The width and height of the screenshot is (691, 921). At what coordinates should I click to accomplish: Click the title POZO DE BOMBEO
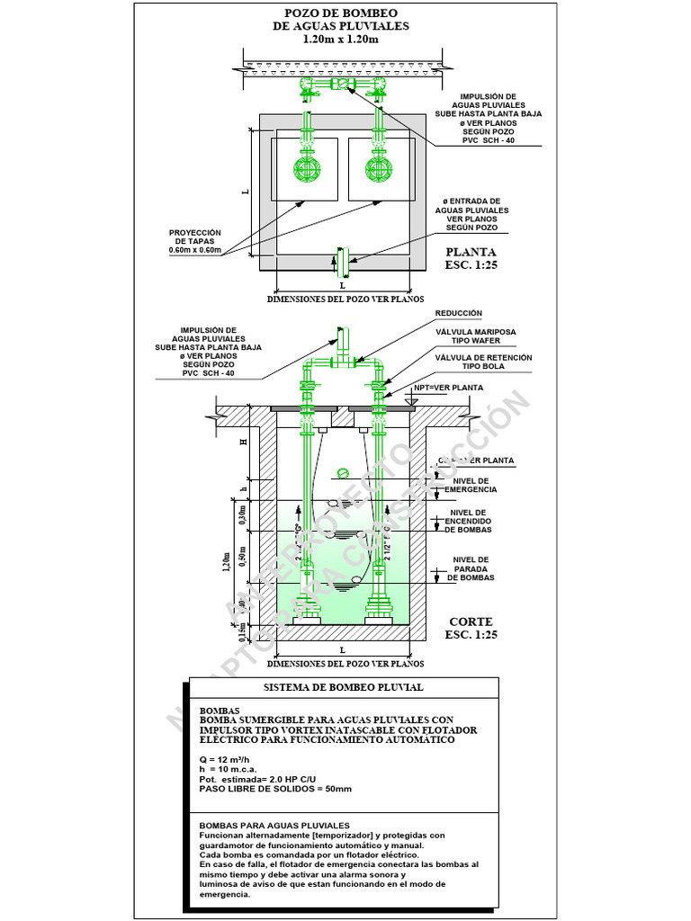point(340,13)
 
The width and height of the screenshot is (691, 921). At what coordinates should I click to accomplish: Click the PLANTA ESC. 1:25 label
point(471,259)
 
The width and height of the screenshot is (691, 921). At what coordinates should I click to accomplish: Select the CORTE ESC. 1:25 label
point(471,627)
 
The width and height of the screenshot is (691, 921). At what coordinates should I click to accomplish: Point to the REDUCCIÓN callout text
point(459,313)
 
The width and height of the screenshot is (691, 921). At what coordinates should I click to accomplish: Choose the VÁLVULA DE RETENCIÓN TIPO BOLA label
point(483,362)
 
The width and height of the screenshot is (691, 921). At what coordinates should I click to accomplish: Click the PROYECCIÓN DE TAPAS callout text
point(194,241)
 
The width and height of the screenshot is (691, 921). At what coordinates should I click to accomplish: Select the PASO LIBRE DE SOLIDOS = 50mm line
point(275,788)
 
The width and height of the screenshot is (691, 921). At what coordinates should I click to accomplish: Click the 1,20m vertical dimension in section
point(228,563)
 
